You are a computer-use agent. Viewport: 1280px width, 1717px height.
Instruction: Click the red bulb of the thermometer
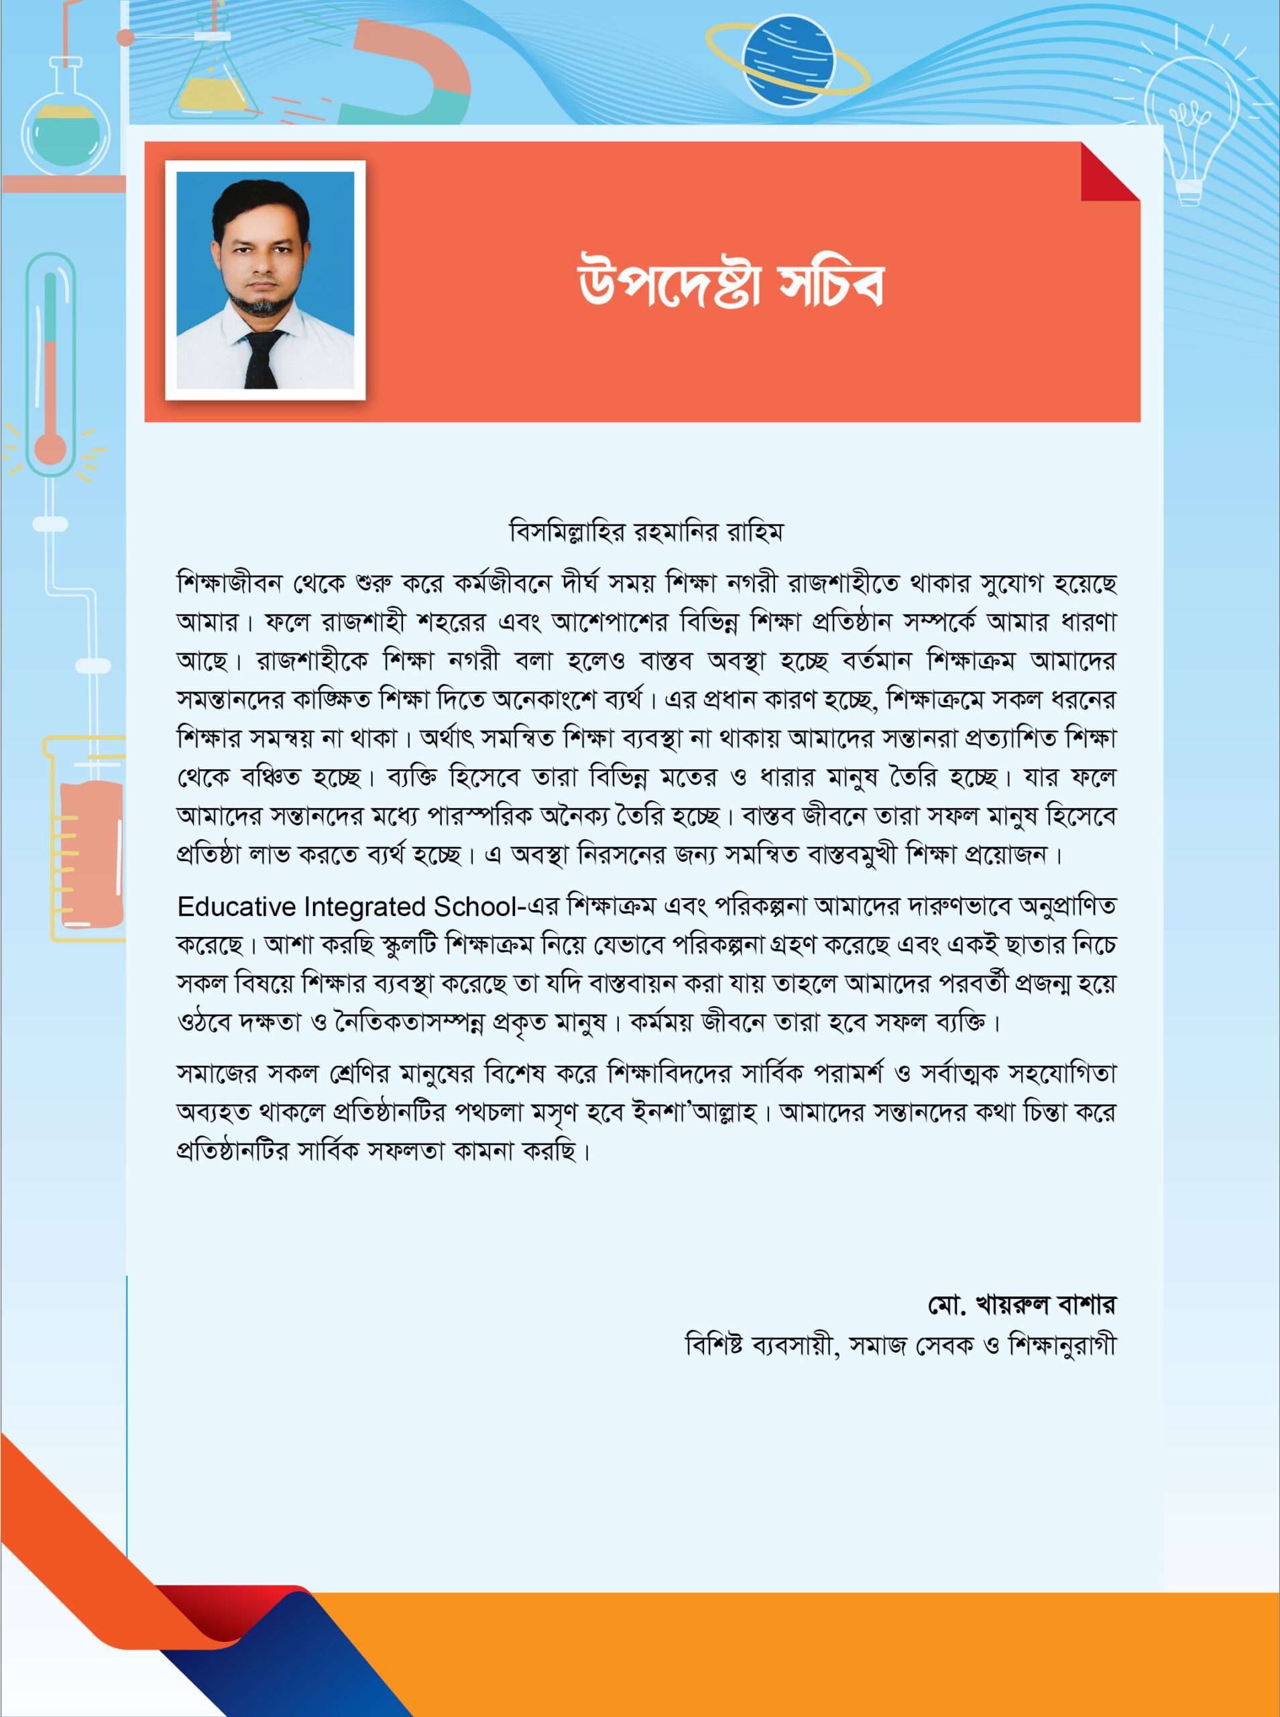tap(50, 449)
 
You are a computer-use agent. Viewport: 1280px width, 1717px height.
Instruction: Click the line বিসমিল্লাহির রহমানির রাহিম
tap(646, 533)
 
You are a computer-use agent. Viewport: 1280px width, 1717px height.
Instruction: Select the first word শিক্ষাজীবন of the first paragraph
tap(229, 583)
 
